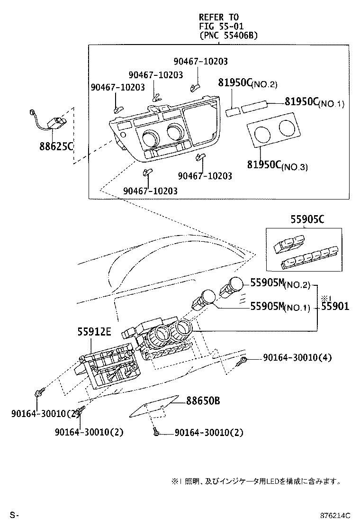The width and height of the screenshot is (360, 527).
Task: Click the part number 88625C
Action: click(x=56, y=146)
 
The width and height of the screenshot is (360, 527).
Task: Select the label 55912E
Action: click(x=94, y=332)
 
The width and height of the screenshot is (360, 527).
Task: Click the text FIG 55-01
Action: click(x=221, y=26)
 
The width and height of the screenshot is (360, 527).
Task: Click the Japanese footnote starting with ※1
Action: click(x=256, y=481)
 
